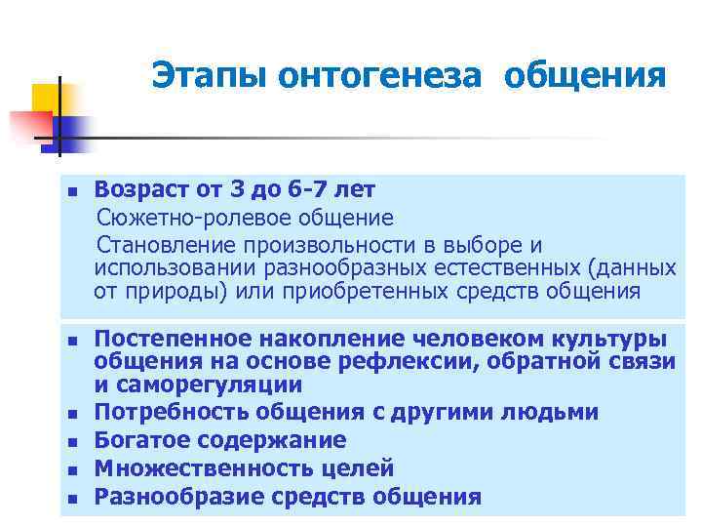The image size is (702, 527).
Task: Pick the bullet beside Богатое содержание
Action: click(71, 441)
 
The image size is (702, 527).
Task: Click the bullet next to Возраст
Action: click(71, 189)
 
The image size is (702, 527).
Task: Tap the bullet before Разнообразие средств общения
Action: click(71, 498)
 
